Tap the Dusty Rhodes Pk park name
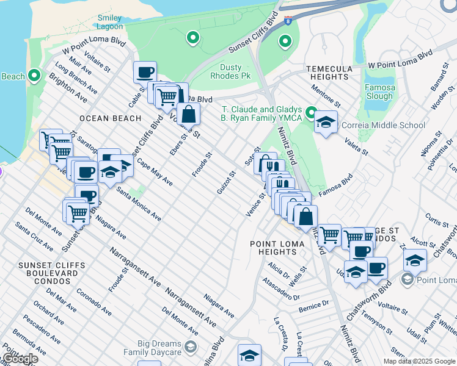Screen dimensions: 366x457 [230, 71]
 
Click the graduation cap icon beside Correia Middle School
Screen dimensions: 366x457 [326, 122]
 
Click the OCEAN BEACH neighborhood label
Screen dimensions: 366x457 [110, 118]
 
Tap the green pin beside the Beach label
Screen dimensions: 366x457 [34, 76]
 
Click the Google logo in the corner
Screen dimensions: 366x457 [20, 359]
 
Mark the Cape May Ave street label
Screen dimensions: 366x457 [155, 173]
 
